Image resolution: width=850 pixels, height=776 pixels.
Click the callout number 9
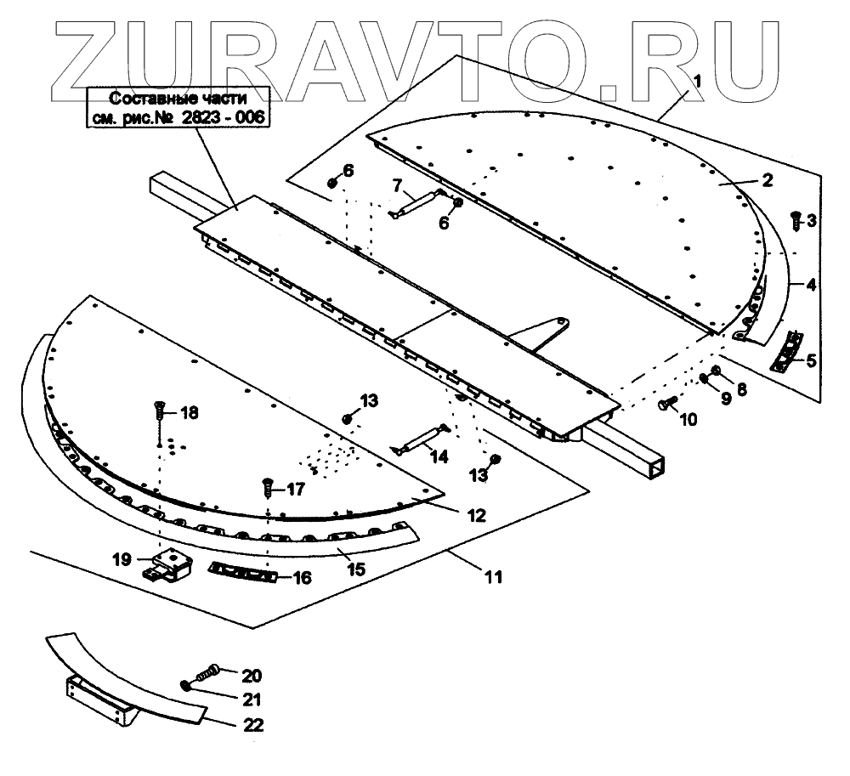(x=725, y=397)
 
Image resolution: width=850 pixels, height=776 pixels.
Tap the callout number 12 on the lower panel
(x=476, y=515)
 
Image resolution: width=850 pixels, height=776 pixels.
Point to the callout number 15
(x=357, y=568)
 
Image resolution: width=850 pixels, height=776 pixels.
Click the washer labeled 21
(x=184, y=686)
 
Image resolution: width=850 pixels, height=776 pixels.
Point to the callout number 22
(x=253, y=726)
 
